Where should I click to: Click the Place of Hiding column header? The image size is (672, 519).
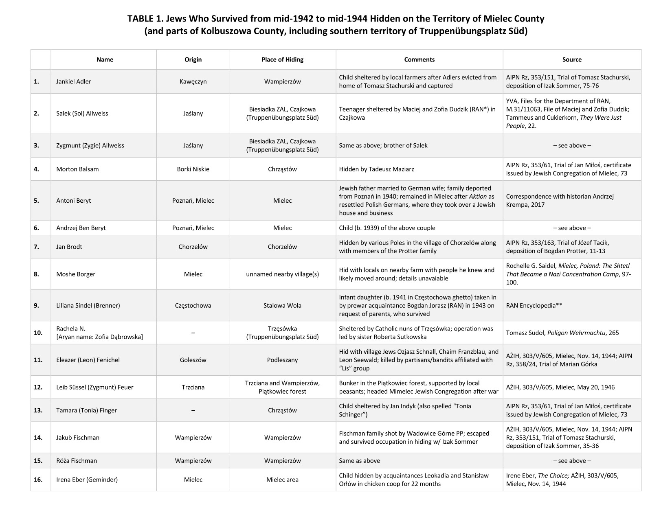(x=282, y=59)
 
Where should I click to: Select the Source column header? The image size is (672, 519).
(x=572, y=59)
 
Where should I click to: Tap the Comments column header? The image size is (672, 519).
(x=419, y=59)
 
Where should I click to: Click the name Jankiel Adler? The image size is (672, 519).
(x=74, y=81)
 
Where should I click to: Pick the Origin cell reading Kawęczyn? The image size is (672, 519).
(x=193, y=81)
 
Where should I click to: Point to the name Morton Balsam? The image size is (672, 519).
(x=77, y=169)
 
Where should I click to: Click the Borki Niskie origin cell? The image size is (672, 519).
(x=193, y=169)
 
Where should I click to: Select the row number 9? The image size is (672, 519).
(x=36, y=305)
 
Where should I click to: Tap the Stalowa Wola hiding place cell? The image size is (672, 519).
(x=282, y=305)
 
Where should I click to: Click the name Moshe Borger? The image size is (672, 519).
(x=76, y=274)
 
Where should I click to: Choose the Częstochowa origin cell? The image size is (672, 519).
(x=193, y=305)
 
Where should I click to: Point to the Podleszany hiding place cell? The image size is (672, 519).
(x=282, y=360)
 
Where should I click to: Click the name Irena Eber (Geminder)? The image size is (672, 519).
(x=87, y=480)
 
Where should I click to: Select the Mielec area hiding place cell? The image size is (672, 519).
(x=282, y=480)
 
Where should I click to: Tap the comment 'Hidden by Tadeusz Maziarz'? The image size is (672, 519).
(x=376, y=169)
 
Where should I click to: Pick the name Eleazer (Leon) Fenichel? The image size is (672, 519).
(x=88, y=360)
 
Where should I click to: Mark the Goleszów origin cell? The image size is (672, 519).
(x=193, y=360)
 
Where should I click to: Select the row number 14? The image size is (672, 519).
(x=38, y=438)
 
